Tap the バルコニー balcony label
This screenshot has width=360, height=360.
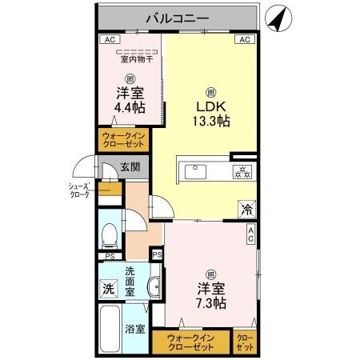point(177,17)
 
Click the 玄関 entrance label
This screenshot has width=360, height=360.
point(130,167)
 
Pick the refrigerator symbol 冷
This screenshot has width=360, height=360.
point(246,210)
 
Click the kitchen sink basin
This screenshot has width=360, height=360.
point(196,170)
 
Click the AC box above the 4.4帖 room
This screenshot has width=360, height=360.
point(107,39)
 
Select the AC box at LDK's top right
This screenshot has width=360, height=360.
point(245,39)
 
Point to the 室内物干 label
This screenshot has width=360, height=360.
point(136,58)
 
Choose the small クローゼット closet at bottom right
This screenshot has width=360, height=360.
point(246,342)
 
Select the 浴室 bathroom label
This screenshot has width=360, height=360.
point(134,328)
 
